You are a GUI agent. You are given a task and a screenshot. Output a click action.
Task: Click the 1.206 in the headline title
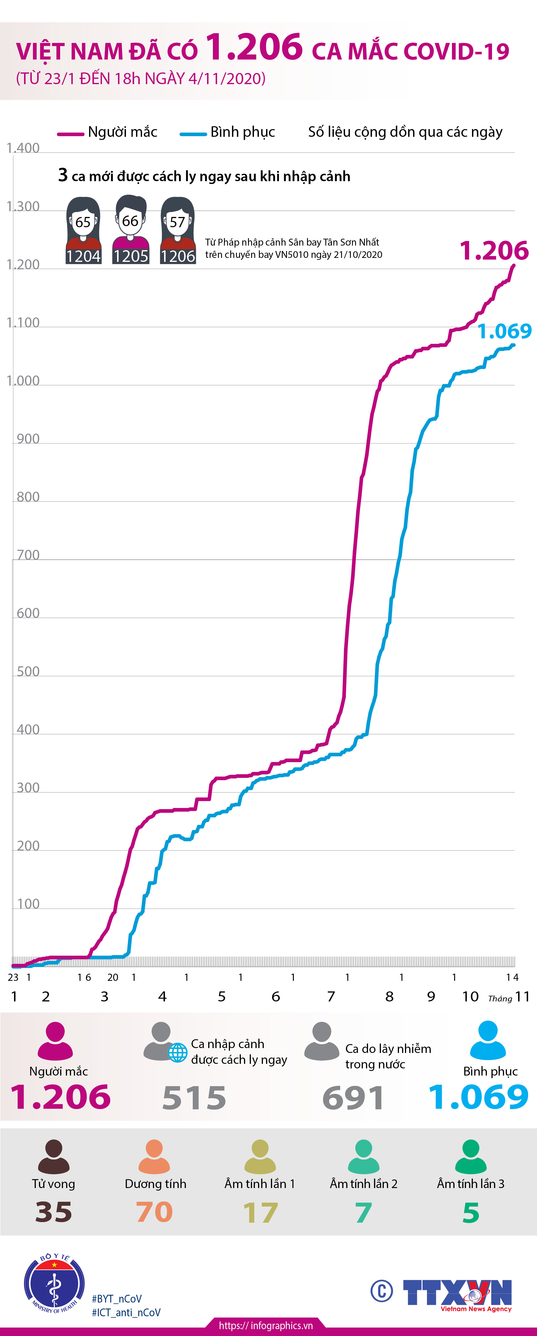(x=254, y=48)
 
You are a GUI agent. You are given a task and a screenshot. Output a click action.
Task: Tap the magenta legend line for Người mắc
(x=70, y=134)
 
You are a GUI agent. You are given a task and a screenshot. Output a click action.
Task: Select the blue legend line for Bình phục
(x=193, y=134)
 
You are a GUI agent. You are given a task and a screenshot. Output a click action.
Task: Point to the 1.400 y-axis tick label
(x=23, y=148)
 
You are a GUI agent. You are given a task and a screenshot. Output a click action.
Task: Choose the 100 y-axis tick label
(x=28, y=904)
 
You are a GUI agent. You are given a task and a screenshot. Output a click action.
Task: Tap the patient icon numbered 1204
(x=83, y=230)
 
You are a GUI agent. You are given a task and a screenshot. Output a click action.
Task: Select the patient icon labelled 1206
(x=178, y=230)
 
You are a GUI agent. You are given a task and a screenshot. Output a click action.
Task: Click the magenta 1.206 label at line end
(x=494, y=251)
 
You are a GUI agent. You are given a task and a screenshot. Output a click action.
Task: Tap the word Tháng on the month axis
(x=500, y=998)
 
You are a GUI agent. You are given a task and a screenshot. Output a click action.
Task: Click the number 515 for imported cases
(x=194, y=1098)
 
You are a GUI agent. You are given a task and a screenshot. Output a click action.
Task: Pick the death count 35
(x=54, y=1212)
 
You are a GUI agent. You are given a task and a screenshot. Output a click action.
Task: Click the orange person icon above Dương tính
(x=154, y=1157)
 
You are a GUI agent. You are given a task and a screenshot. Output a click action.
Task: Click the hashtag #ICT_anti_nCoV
(x=126, y=1312)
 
